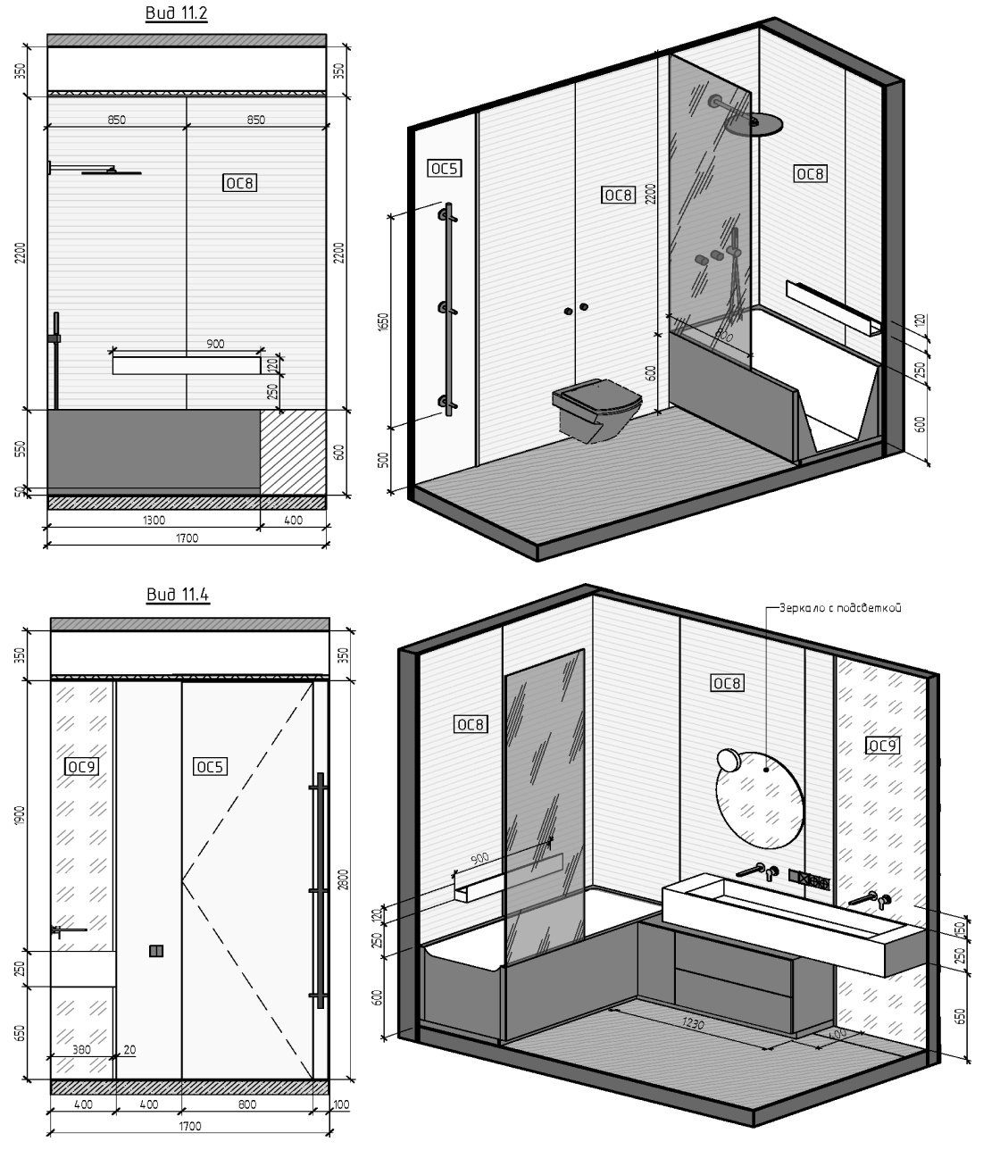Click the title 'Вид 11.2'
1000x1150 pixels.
coord(177,12)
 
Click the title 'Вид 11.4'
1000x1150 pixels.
coord(178,594)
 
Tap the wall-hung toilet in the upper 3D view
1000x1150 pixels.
coord(596,409)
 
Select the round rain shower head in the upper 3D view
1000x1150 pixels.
coord(754,125)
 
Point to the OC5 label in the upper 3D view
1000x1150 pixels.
coord(445,168)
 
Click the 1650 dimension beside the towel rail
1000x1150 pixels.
coord(384,322)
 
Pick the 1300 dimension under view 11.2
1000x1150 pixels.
coord(154,521)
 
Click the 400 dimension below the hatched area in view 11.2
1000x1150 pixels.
coord(293,521)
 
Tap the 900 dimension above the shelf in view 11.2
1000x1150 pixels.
coord(215,344)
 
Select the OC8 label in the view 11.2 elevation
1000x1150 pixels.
coord(240,183)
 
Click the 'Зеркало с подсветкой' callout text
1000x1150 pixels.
coord(841,608)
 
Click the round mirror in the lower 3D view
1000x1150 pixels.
coord(760,799)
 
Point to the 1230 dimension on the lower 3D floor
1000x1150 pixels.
coord(693,1024)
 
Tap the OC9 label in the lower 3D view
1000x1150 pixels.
coord(882,746)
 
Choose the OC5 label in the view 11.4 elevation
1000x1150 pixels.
coord(210,767)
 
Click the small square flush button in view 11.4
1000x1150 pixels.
coord(156,951)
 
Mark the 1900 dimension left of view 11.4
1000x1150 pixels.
coord(21,815)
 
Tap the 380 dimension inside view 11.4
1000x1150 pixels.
coord(81,1050)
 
